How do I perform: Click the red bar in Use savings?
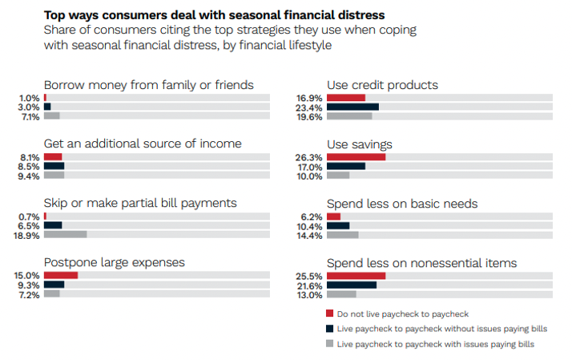coord(356,157)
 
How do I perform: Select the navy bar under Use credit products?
coord(352,107)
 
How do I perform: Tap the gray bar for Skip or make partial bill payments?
coord(66,234)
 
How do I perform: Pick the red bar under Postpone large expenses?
coord(61,275)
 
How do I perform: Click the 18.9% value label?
coord(26,236)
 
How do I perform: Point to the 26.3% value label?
coord(308,157)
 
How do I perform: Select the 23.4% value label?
coord(308,107)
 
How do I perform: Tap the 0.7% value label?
coord(29,216)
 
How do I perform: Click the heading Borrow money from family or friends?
coord(149,85)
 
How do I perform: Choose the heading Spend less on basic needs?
coord(402,204)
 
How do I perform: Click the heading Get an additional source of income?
coord(143,144)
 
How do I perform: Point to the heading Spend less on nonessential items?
coord(421,263)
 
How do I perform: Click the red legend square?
coord(330,313)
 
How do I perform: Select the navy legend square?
coord(330,329)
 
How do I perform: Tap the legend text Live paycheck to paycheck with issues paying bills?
coord(436,344)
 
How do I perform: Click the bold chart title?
coord(215,15)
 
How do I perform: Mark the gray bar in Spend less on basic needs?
coord(343,235)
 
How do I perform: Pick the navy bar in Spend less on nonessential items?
coord(352,285)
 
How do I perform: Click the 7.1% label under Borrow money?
coord(30,117)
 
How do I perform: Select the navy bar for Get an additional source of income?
coord(54,166)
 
